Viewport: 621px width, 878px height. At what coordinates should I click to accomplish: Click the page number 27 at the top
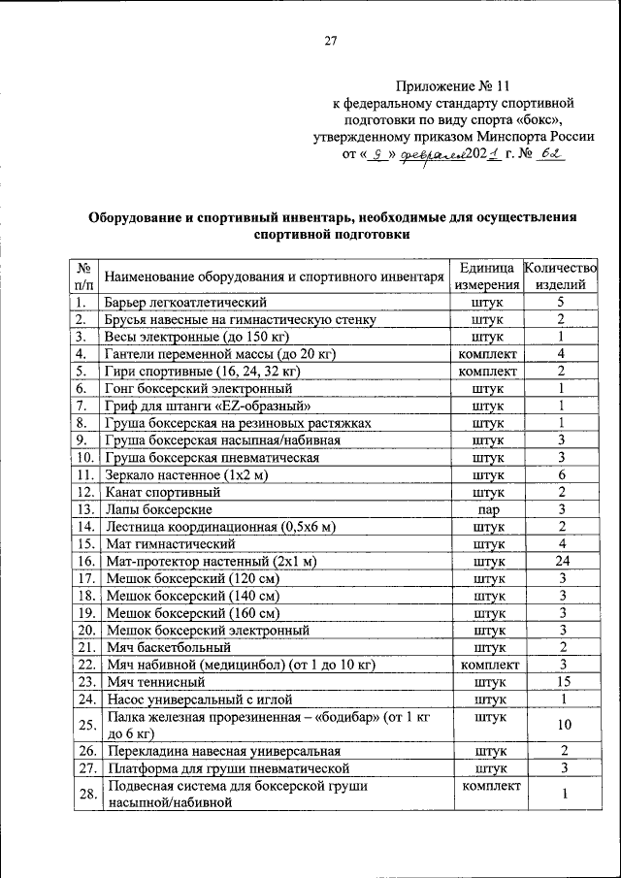click(330, 41)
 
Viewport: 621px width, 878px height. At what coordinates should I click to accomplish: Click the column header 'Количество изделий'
click(561, 276)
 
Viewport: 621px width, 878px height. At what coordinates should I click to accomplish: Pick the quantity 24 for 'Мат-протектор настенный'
click(561, 561)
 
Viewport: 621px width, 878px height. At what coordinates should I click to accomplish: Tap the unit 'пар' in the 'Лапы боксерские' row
click(487, 508)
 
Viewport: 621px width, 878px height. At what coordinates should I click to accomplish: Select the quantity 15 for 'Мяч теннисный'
click(561, 681)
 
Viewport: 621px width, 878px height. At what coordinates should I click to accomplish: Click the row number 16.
click(84, 561)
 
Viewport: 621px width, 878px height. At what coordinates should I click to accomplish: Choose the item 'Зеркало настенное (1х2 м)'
click(186, 474)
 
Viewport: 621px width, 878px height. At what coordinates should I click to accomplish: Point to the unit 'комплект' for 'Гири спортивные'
click(487, 371)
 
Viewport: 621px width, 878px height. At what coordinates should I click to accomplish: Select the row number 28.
click(84, 794)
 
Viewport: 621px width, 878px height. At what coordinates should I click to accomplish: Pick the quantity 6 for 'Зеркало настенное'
click(561, 474)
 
